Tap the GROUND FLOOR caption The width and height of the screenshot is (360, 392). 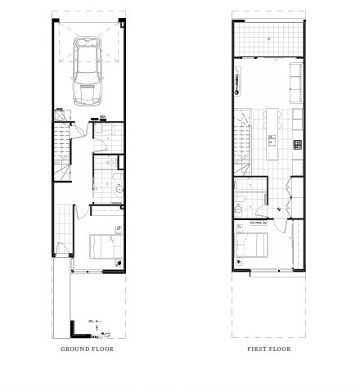87,349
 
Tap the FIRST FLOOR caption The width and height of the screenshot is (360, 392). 268,349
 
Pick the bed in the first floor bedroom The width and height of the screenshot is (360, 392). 250,245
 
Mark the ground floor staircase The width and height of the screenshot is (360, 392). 62,147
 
